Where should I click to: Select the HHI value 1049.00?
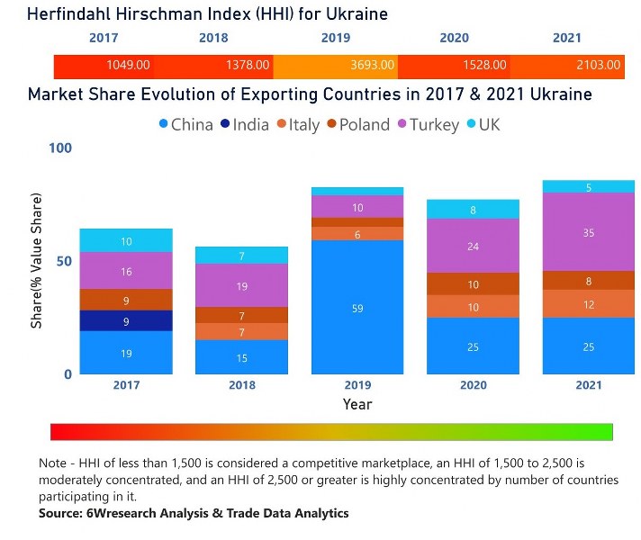point(129,66)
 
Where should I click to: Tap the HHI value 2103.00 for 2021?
point(599,66)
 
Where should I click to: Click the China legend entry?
point(187,125)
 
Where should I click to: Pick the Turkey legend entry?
point(426,125)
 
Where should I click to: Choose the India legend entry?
point(243,125)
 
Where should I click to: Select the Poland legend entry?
point(358,125)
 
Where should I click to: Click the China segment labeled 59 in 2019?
point(357,308)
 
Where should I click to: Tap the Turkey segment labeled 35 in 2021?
point(588,231)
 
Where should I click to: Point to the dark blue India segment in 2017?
point(125,321)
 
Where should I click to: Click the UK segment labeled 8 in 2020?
point(473,210)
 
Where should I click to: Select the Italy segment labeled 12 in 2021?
point(588,304)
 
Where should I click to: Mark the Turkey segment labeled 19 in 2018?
point(241,286)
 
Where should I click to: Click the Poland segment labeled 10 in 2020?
point(473,284)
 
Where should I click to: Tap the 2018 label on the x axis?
point(241,385)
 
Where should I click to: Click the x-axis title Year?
point(357,405)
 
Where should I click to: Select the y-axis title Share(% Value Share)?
point(38,261)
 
